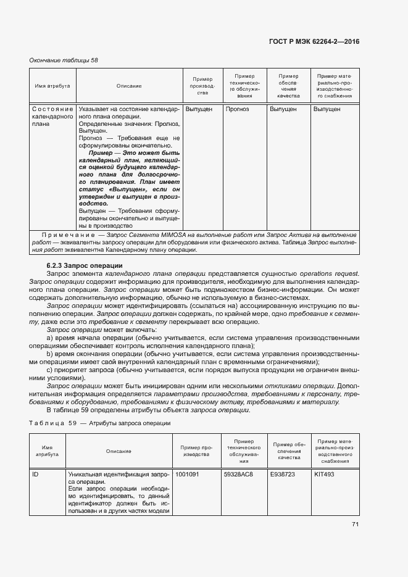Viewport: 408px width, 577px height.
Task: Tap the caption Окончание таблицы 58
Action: tap(64, 60)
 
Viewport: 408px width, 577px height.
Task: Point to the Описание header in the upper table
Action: tap(128, 86)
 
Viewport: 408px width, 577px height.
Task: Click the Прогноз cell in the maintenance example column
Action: tap(237, 109)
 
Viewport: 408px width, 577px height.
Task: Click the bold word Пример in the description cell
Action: tap(101, 152)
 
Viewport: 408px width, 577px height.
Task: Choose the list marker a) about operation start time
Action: tap(49, 338)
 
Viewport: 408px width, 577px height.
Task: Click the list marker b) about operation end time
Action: tap(49, 354)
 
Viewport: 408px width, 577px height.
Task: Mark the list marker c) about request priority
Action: tap(49, 369)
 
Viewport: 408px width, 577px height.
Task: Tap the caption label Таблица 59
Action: tap(52, 423)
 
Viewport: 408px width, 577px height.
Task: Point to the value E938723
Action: tap(284, 475)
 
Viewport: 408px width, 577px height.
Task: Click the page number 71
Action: tap(355, 525)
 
